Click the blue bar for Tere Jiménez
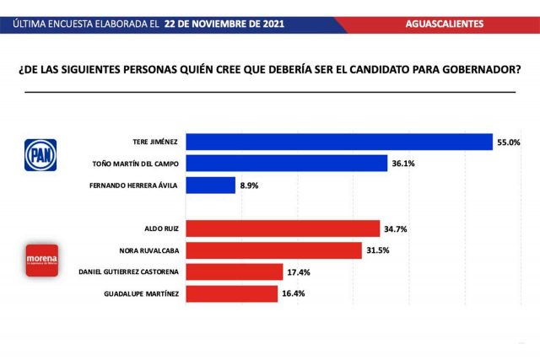pos(338,142)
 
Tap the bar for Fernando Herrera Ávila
pos(210,185)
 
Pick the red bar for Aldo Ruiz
pos(283,228)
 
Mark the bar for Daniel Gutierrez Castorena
pos(234,271)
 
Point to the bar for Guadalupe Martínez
pos(231,293)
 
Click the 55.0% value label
pos(509,142)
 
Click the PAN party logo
pos(38,153)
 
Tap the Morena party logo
pos(41,261)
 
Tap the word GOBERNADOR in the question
pos(477,70)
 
